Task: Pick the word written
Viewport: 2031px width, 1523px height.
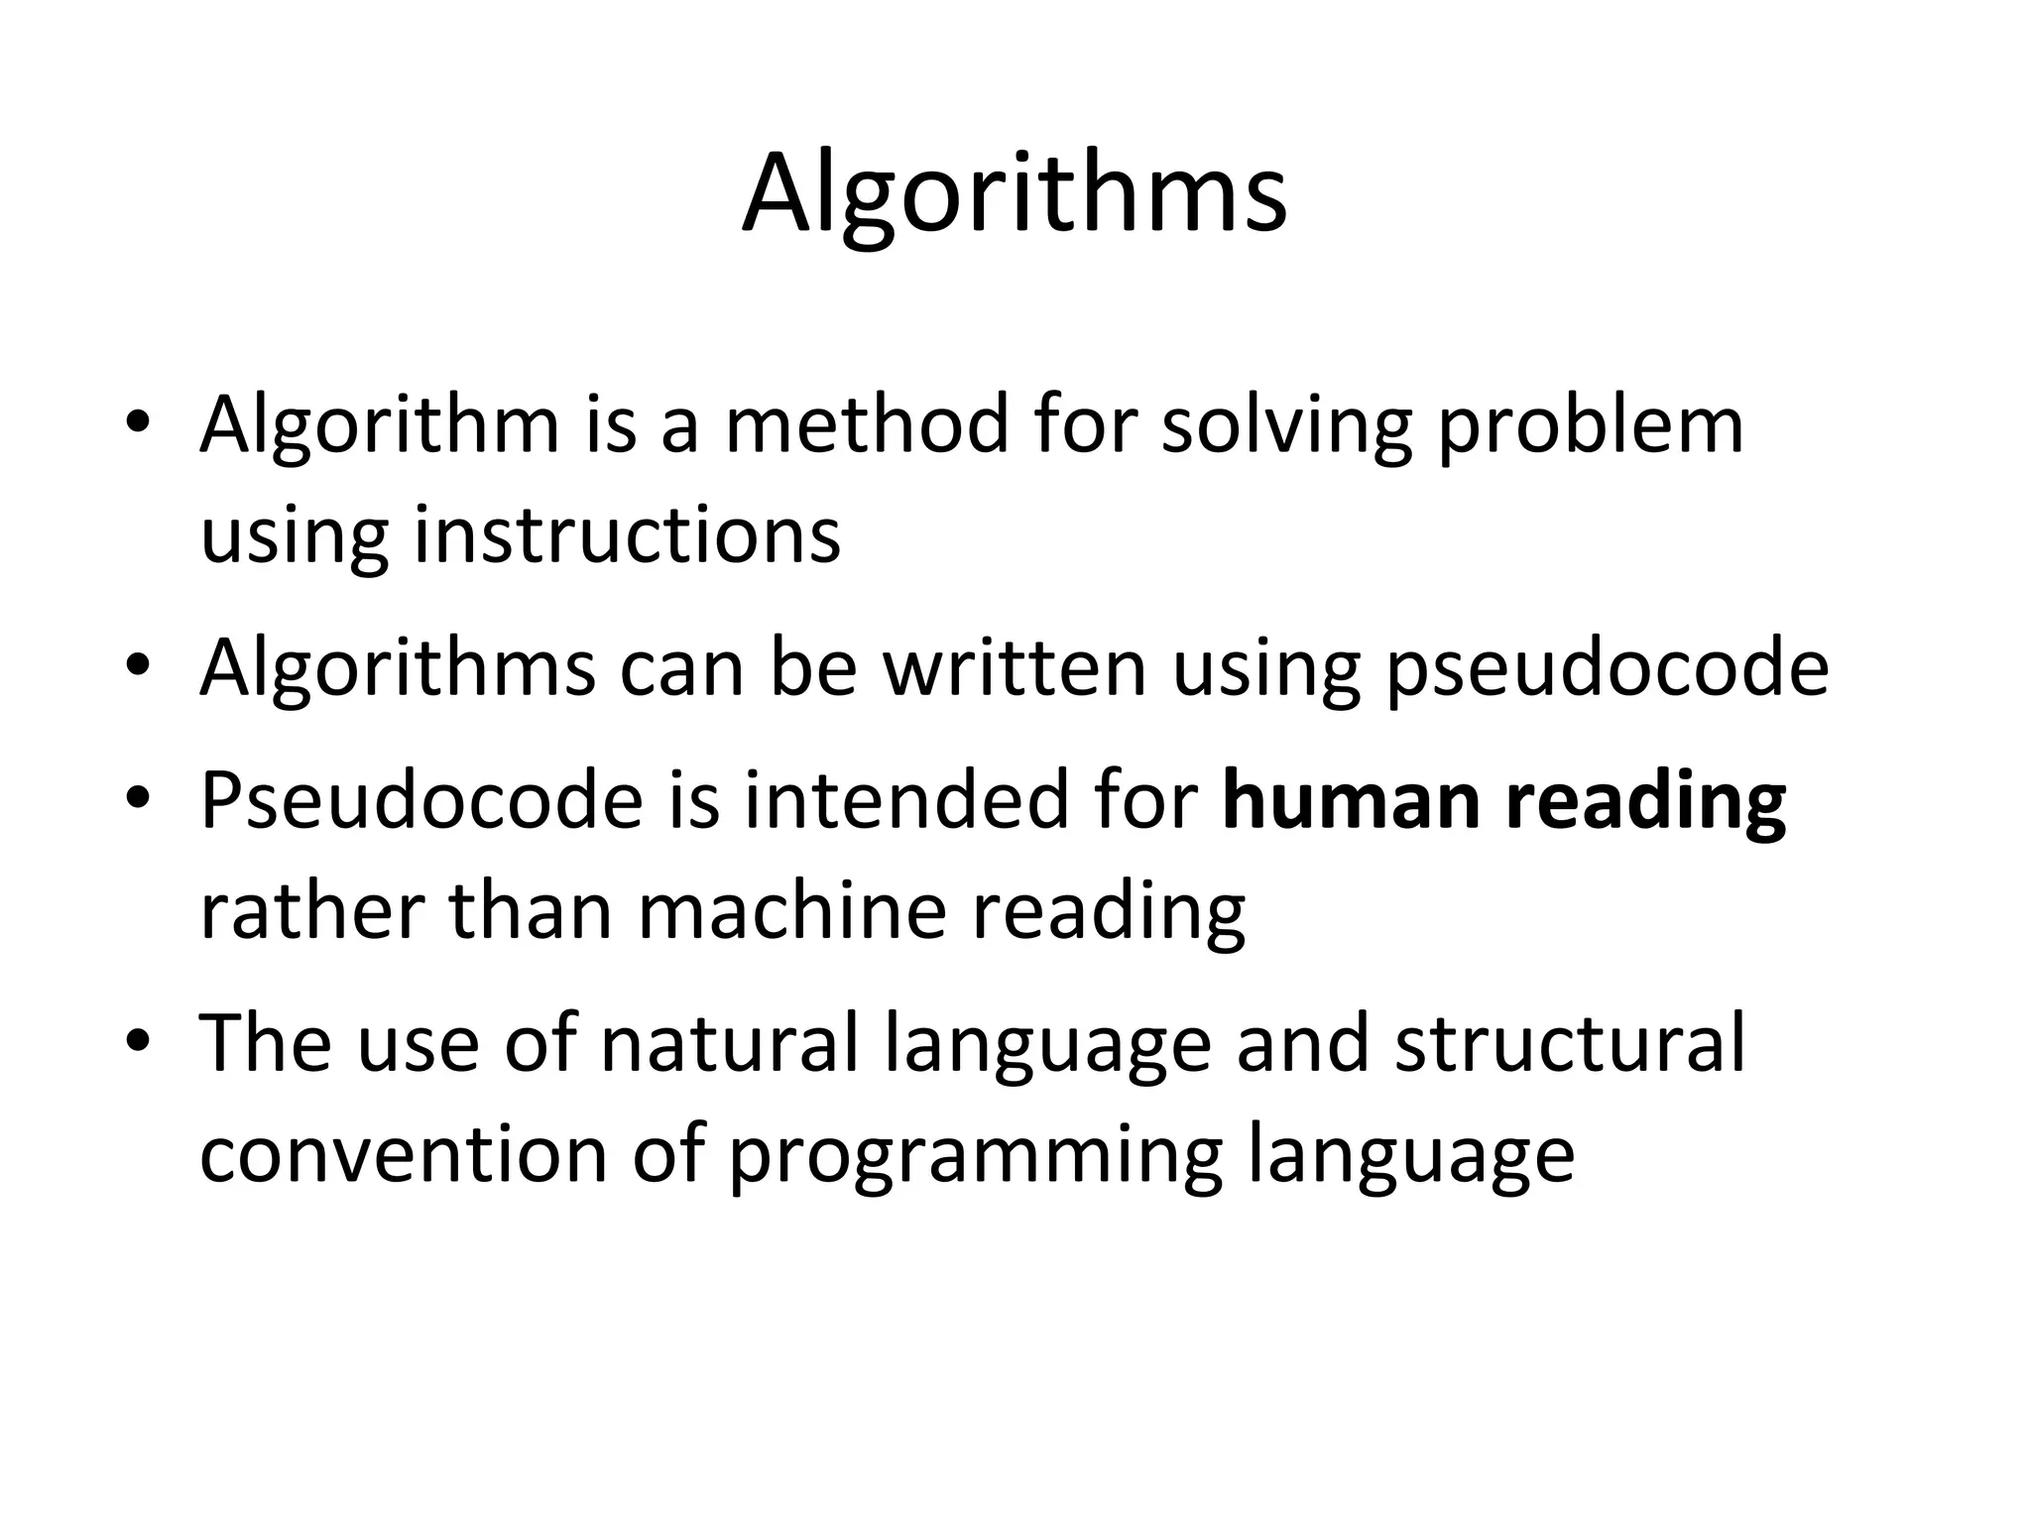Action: coord(1015,667)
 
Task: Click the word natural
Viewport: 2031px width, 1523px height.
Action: coord(730,1043)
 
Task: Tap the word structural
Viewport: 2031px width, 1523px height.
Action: coord(1569,1043)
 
